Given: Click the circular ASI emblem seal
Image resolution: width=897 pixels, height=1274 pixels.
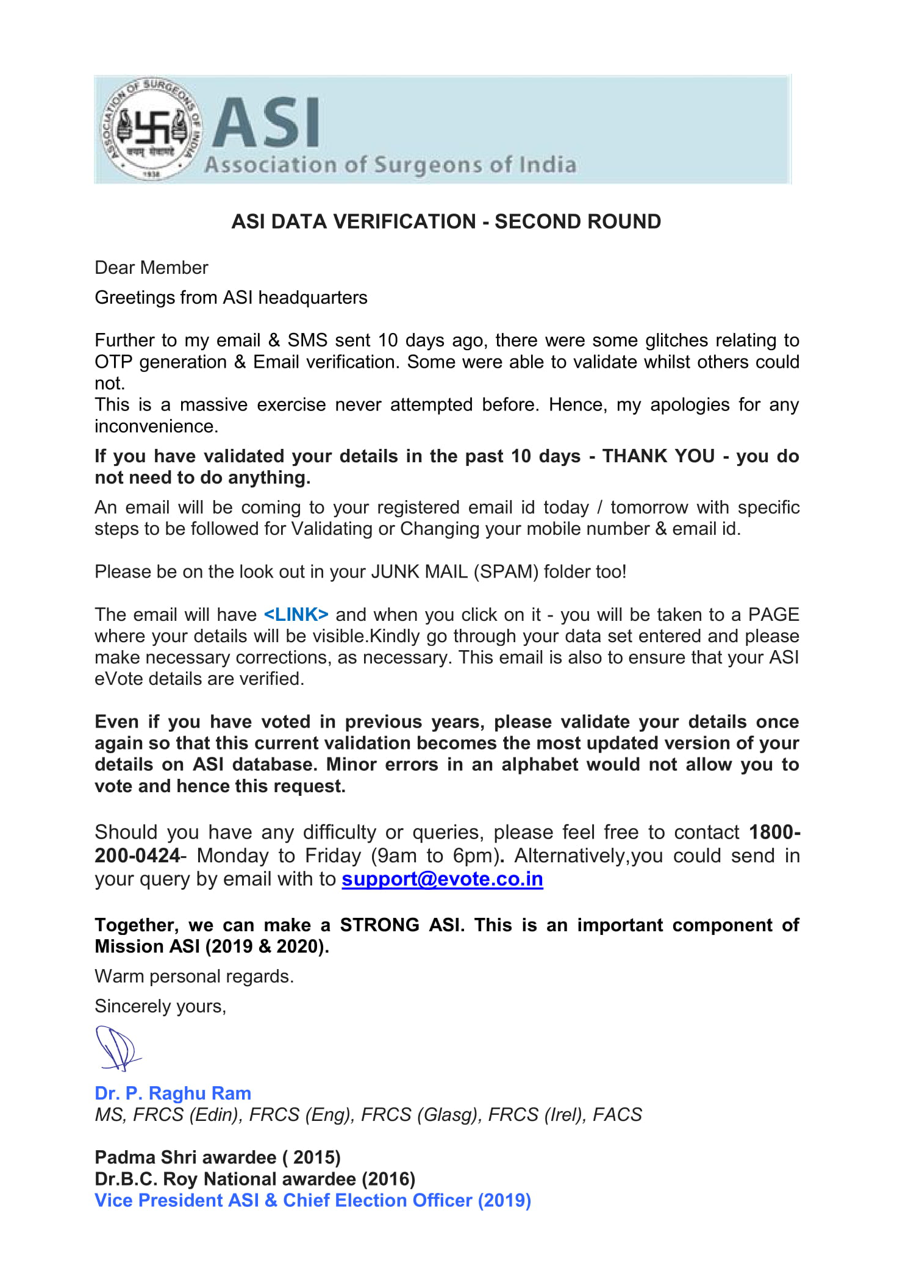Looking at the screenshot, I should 151,129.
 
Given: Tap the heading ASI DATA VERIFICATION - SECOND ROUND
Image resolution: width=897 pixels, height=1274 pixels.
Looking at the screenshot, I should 446,221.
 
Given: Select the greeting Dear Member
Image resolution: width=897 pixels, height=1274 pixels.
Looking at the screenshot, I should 151,268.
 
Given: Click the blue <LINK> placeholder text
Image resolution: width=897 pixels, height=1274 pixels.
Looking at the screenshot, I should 296,614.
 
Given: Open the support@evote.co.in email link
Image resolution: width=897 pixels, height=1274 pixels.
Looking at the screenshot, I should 442,879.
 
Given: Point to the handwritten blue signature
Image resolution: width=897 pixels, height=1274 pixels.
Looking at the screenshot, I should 116,1048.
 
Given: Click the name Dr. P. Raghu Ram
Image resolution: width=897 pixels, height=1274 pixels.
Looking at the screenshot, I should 173,1093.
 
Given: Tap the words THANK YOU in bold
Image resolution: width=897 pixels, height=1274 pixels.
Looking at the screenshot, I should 658,456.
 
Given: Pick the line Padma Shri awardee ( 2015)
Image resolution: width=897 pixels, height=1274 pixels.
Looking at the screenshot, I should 217,1157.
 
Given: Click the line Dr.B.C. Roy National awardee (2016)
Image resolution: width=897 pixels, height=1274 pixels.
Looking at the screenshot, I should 254,1178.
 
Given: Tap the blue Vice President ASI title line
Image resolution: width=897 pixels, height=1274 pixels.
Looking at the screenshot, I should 312,1200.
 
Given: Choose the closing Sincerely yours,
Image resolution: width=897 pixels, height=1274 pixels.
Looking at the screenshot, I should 160,1006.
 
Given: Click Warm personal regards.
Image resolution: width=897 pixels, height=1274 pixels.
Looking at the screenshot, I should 194,976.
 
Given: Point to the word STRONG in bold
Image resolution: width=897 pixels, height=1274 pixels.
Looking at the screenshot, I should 379,925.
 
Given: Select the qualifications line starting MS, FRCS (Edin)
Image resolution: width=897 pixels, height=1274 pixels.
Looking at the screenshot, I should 368,1114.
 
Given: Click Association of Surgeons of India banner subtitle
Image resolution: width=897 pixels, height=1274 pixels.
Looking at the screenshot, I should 390,165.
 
